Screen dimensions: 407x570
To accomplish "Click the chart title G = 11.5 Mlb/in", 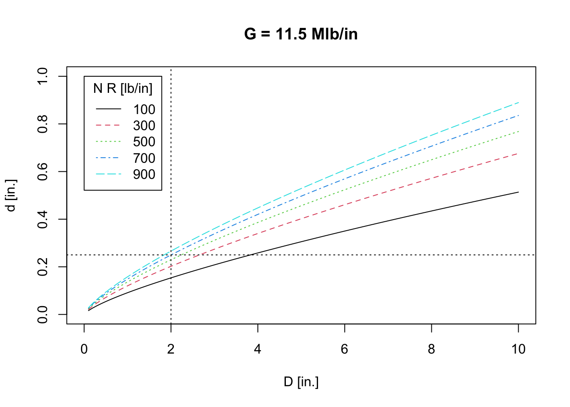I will (x=301, y=34).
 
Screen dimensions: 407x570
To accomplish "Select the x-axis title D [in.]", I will (x=301, y=382).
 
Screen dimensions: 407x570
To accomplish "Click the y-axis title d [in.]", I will (x=11, y=195).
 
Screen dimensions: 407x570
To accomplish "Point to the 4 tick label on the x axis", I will (x=257, y=349).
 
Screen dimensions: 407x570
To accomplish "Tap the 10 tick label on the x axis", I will (x=518, y=349).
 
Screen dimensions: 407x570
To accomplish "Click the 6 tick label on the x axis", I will (x=344, y=349).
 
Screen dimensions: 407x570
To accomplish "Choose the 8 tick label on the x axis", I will (x=431, y=349).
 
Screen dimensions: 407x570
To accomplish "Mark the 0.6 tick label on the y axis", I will (x=43, y=172).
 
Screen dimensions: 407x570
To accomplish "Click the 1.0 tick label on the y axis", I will (x=43, y=76).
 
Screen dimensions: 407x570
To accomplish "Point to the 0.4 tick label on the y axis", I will (x=43, y=219).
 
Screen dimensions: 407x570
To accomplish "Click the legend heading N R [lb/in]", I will (x=123, y=88).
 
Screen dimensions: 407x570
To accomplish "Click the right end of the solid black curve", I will (x=518, y=192).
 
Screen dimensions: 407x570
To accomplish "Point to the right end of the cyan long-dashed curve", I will (x=518, y=103).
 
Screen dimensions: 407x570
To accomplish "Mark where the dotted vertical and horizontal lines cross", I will (x=171, y=255).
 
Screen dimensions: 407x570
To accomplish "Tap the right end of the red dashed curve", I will (x=518, y=153).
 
